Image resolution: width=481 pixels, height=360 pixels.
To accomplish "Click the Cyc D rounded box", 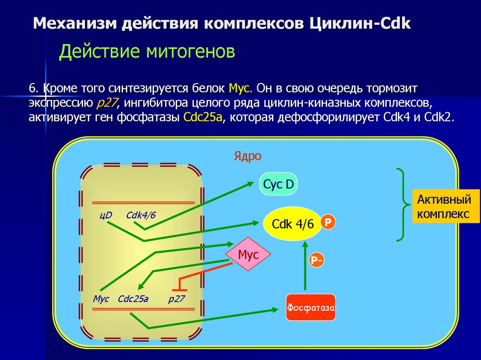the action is [279, 184].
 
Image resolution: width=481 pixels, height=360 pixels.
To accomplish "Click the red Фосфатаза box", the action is [310, 307].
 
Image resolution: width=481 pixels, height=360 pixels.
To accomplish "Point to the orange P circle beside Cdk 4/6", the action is [328, 222].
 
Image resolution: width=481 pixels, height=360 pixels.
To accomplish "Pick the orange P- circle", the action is [316, 260].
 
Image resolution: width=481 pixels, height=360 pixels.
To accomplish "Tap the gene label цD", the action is [106, 215].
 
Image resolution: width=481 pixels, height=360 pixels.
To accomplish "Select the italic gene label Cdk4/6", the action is [140, 215].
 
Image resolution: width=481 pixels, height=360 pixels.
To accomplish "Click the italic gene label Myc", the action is [101, 299].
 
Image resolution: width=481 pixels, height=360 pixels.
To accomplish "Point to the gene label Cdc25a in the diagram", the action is [133, 299].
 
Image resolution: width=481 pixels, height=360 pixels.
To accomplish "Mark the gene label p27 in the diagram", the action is [177, 299].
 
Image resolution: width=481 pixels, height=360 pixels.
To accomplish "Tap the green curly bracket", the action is [401, 205].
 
